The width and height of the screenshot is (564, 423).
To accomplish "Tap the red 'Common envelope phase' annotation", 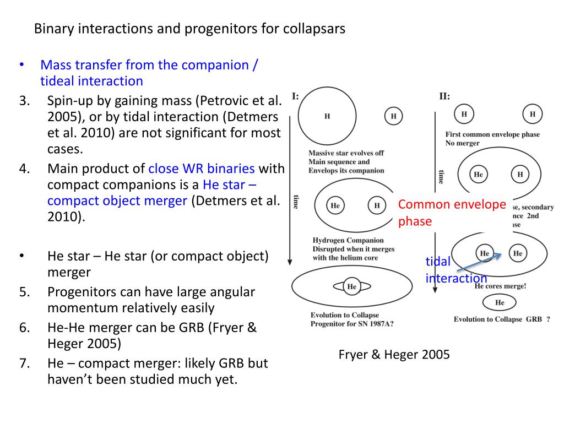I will click(452, 213).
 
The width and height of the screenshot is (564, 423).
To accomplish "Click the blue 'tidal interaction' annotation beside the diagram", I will click(455, 269).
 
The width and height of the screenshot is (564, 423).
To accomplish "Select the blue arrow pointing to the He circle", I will click(479, 262).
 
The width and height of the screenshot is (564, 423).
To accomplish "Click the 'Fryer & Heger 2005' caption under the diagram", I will click(394, 355).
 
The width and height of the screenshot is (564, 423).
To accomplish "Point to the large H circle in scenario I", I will click(328, 117).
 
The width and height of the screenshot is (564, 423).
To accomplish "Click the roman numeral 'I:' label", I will click(295, 96).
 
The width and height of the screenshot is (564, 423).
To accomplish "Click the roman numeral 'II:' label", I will click(444, 96).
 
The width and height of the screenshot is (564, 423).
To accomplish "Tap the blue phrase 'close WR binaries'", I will click(202, 169).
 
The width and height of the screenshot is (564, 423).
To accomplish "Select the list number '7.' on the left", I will click(24, 364).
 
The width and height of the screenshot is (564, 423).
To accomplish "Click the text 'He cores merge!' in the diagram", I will click(500, 286).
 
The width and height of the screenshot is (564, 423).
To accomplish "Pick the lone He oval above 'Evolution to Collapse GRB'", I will click(500, 302).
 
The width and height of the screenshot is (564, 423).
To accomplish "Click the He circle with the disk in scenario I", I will click(351, 286).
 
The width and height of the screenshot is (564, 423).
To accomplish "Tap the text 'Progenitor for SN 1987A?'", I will click(352, 324).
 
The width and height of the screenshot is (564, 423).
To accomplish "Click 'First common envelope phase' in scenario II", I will click(492, 134).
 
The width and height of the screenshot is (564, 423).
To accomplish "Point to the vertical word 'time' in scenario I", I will click(295, 202).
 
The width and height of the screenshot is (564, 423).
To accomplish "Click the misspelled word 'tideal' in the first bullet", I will click(57, 82).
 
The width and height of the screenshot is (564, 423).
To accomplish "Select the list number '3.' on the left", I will click(24, 101).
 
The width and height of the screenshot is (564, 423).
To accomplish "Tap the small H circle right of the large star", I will click(393, 116).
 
